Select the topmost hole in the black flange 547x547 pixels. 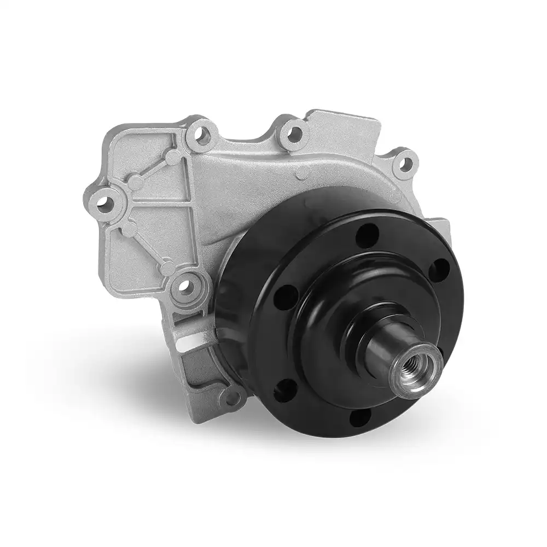[x=367, y=236]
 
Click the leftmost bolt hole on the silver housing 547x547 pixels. [x=104, y=203]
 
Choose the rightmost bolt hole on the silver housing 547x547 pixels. [x=404, y=161]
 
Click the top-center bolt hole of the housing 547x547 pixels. [x=294, y=132]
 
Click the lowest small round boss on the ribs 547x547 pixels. [x=168, y=267]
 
